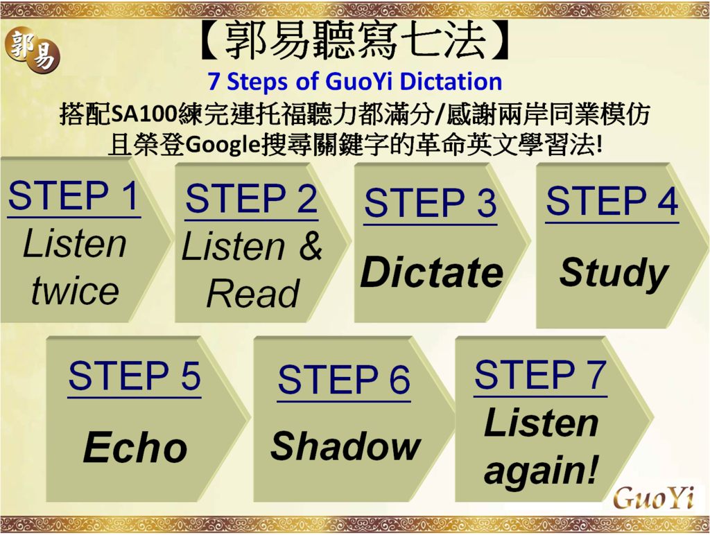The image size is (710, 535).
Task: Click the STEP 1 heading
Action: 73,195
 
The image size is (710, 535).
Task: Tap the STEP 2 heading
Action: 251,198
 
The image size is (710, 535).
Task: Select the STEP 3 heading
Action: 430,202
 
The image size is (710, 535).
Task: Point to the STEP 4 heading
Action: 612,200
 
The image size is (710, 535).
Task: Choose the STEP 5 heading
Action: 135,376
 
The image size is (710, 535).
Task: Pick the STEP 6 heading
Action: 344,379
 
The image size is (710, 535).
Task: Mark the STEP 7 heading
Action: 540,374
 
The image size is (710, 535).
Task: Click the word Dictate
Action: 431,272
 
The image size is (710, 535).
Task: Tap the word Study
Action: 614,274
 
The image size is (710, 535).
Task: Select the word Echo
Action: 135,447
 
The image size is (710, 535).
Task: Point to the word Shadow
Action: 346,446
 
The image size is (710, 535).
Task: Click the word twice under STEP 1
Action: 75,290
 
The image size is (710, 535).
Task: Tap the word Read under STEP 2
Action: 252,293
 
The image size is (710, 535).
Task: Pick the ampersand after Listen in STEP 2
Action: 311,245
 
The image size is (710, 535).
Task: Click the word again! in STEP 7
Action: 541,471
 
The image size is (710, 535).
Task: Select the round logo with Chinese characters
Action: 33,51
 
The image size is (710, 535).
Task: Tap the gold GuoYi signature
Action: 653,498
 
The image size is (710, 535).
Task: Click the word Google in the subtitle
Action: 223,145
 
